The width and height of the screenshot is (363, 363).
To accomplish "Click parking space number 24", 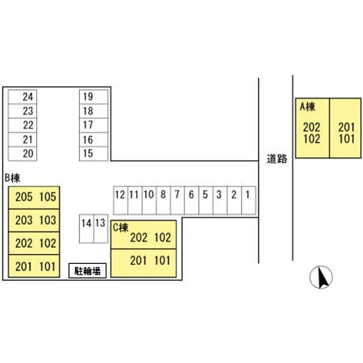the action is (x=22, y=97).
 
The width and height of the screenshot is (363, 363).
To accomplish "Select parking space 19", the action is (x=93, y=97).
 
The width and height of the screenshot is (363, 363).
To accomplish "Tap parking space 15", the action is (x=93, y=153).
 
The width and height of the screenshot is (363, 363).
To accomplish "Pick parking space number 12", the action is (x=121, y=200).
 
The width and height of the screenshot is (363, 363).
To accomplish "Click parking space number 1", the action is (x=249, y=200).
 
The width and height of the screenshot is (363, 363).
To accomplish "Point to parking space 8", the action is (x=163, y=200).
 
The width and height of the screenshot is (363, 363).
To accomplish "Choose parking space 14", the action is (x=87, y=229).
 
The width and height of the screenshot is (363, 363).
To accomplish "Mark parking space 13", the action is (x=101, y=229).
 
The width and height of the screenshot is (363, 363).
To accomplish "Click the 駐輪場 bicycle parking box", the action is (x=88, y=271).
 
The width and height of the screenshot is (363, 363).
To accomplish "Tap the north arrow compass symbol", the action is (x=321, y=277).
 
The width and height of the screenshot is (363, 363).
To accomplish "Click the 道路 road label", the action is (x=277, y=159).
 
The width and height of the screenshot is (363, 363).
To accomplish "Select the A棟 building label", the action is (x=308, y=107).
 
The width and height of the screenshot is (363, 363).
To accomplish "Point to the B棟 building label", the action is (x=12, y=178).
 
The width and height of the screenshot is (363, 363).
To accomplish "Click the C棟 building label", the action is (x=121, y=228).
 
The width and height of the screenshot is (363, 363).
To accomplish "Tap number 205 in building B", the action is (x=24, y=197).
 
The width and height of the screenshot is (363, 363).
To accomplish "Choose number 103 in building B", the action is (x=48, y=220).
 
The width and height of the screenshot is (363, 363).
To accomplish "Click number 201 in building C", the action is (x=138, y=260).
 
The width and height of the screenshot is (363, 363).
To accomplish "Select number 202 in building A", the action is (x=312, y=128).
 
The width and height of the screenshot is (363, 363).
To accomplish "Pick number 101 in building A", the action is (x=346, y=139).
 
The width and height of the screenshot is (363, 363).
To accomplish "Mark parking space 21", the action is (x=22, y=139).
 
